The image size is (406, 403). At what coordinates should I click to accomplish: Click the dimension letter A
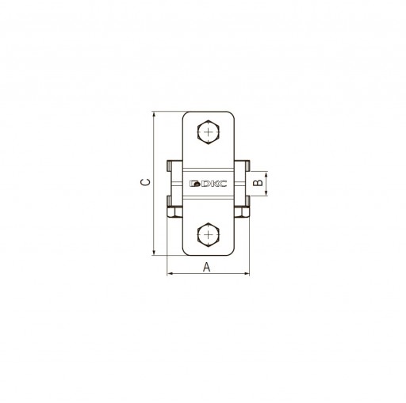207,267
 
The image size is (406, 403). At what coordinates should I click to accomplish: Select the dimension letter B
258,183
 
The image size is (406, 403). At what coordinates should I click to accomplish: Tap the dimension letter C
145,182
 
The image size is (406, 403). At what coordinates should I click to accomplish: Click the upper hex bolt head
209,132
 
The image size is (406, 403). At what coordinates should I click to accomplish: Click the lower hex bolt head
209,234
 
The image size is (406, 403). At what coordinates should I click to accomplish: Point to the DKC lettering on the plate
213,184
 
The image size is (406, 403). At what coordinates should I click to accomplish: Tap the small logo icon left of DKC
194,184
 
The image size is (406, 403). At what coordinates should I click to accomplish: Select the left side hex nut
174,212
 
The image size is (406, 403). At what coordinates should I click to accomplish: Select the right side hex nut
242,212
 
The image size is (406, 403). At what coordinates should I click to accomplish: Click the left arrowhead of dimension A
169,274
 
